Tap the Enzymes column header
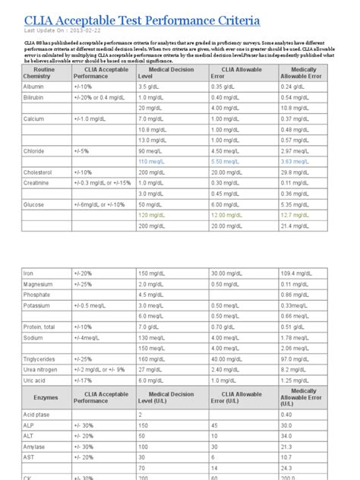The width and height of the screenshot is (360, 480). (45, 396)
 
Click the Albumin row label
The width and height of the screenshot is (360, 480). (34, 87)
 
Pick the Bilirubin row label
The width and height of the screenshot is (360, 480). (34, 97)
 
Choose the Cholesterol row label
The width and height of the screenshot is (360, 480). (39, 172)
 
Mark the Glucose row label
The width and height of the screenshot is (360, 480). (34, 204)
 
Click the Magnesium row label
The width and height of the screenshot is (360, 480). (39, 283)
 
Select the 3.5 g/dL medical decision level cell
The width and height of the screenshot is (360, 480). (151, 87)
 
